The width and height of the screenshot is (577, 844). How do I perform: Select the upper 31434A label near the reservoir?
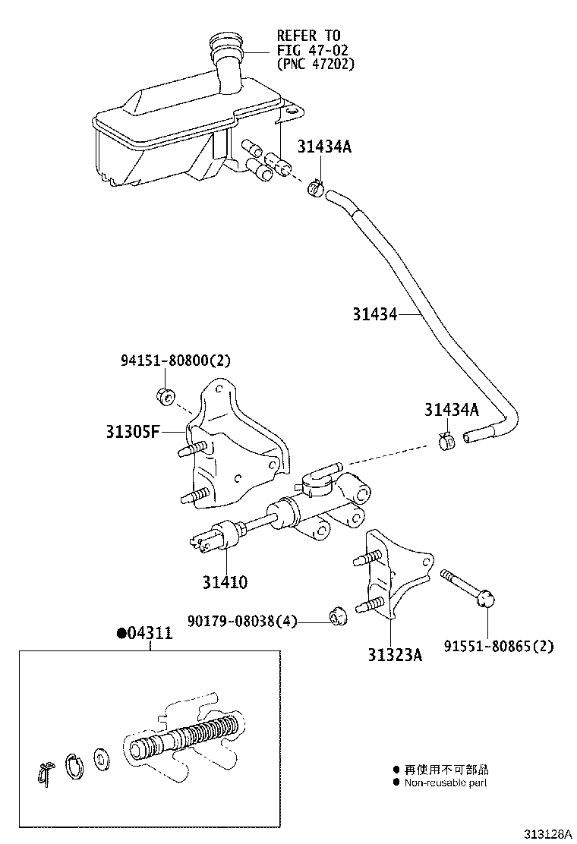[x=324, y=147]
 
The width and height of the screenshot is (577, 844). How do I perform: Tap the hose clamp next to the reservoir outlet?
[x=317, y=186]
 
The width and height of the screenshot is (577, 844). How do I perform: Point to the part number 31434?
[x=374, y=313]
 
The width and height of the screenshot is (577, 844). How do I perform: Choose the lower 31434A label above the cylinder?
[x=452, y=411]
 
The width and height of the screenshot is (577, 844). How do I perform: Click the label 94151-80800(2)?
[x=175, y=361]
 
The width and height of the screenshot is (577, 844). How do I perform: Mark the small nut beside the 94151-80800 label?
[x=166, y=395]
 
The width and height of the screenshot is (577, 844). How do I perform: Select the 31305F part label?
[x=133, y=433]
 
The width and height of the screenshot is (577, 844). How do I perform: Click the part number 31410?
[x=225, y=582]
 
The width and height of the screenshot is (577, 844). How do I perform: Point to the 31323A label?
[x=391, y=653]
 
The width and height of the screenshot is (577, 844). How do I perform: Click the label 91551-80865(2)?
[x=499, y=646]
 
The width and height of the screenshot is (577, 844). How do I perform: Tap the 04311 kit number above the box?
[x=144, y=634]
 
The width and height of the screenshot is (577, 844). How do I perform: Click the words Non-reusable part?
[x=446, y=783]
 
